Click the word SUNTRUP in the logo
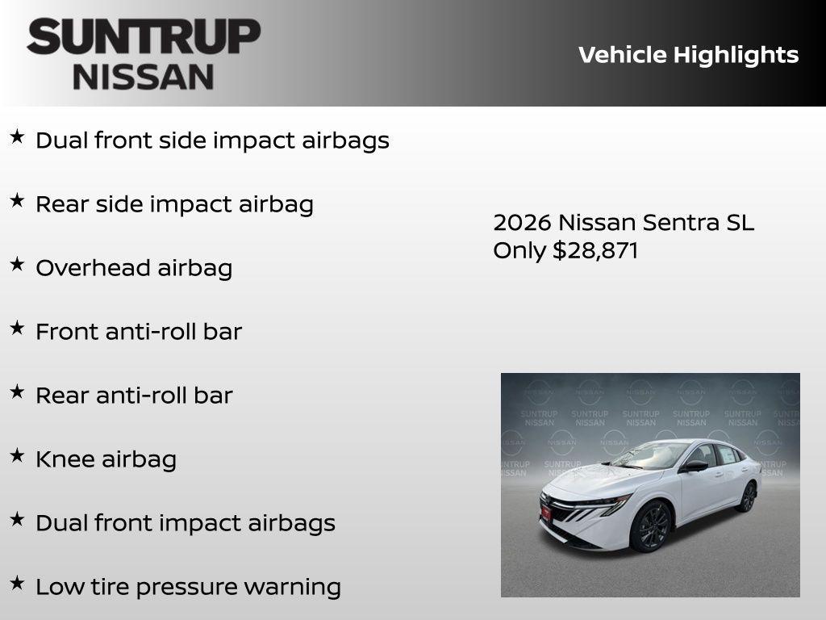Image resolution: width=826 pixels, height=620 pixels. tap(144, 37)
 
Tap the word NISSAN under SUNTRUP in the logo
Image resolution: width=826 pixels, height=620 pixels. tap(144, 77)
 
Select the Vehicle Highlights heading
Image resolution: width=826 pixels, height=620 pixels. tap(688, 55)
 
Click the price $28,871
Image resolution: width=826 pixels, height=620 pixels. tap(595, 250)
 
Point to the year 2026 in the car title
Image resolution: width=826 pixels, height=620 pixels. tap(522, 223)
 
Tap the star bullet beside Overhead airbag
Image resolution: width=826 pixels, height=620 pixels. tap(17, 264)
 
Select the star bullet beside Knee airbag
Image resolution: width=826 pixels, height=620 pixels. tap(17, 455)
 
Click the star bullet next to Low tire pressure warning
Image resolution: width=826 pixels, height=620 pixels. tap(17, 583)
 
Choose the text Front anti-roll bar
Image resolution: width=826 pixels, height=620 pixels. tap(139, 332)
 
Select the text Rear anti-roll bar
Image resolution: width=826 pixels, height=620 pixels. tap(134, 396)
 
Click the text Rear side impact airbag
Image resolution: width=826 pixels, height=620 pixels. tap(174, 204)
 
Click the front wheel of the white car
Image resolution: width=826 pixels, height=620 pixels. tap(653, 526)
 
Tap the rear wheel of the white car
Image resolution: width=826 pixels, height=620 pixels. tap(748, 496)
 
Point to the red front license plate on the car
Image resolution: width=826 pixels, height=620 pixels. tap(546, 511)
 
